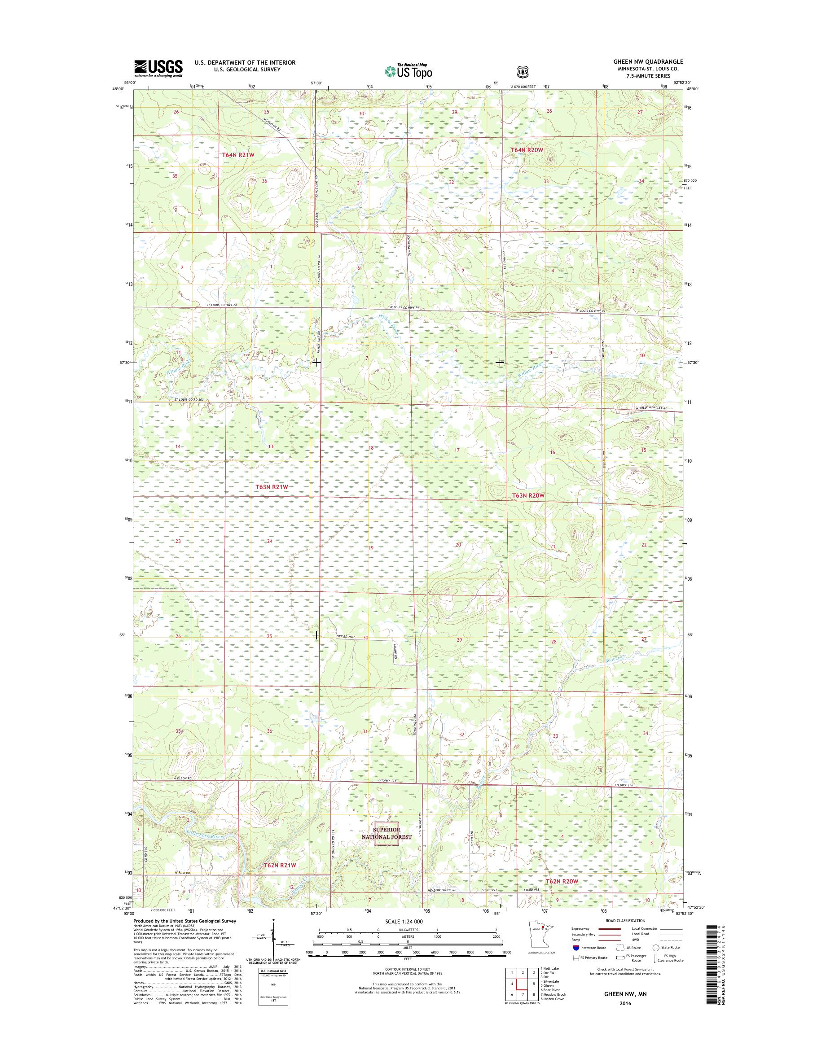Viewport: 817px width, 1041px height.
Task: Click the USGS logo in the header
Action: (x=158, y=68)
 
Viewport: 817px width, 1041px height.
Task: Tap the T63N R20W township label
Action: (x=525, y=495)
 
